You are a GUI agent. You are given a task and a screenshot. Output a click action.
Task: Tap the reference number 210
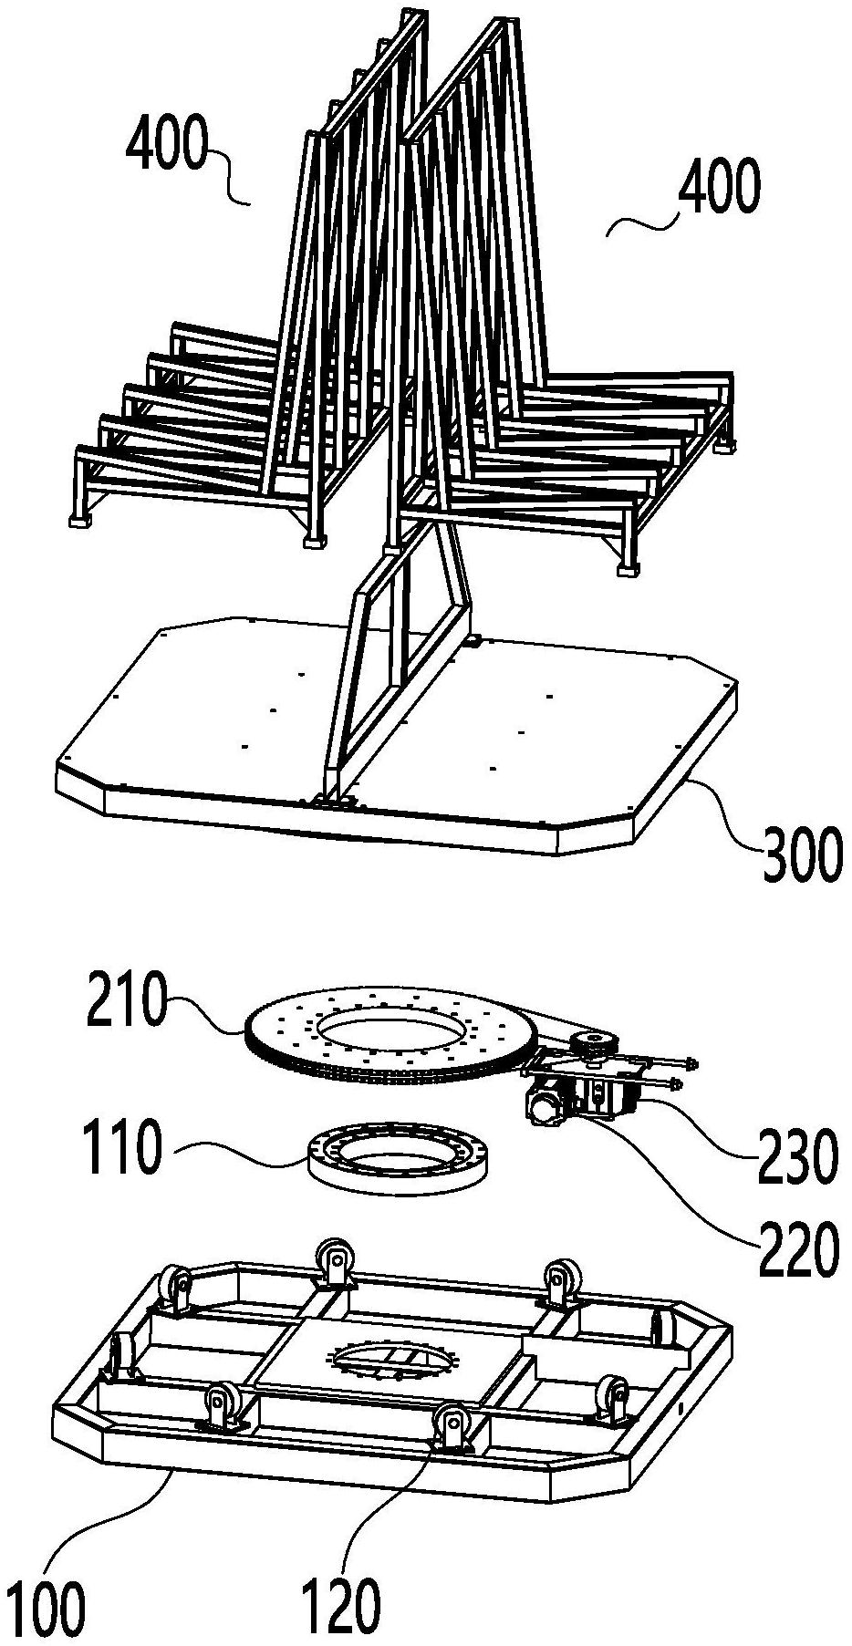click(129, 1001)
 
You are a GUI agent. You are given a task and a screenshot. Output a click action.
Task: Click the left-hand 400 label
click(167, 147)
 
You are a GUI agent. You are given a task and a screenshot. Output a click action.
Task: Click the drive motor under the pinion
click(545, 1106)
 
